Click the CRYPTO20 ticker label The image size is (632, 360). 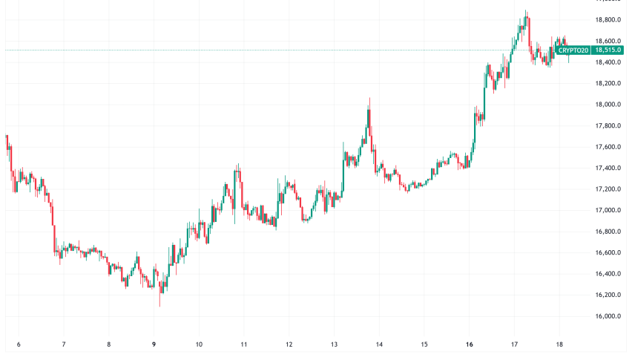tap(573, 50)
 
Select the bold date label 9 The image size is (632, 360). tap(154, 344)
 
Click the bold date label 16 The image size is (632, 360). tap(469, 344)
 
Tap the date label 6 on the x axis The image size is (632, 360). tap(19, 344)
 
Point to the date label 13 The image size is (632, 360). tap(335, 344)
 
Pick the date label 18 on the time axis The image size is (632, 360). tap(559, 344)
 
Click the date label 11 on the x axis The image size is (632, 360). tap(244, 344)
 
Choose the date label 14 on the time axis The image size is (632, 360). tap(379, 344)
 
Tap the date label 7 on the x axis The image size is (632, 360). tap(64, 344)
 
